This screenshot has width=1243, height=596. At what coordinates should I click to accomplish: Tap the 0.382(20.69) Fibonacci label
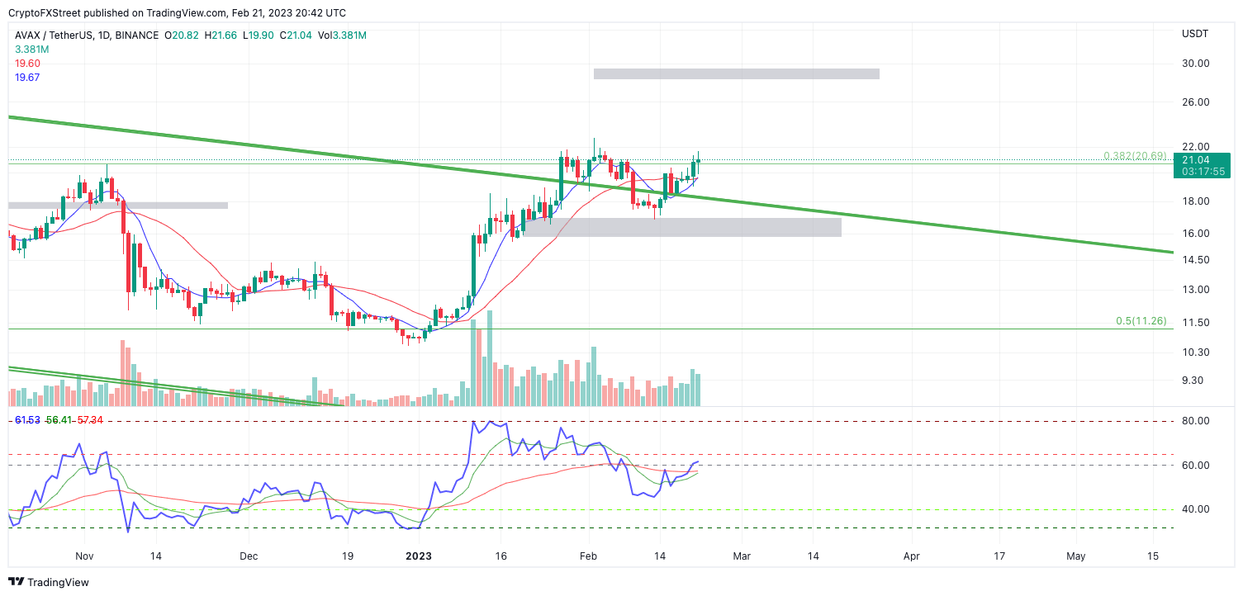pos(1135,156)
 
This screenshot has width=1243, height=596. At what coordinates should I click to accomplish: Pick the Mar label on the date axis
pos(742,557)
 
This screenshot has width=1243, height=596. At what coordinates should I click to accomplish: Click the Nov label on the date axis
pos(84,557)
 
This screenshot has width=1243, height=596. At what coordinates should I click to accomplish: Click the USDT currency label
pos(1195,34)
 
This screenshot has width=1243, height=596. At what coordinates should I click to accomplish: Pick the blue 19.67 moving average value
pos(28,78)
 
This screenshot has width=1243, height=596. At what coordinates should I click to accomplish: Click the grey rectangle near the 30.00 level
pos(736,73)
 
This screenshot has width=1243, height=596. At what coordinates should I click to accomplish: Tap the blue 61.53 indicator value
pos(27,421)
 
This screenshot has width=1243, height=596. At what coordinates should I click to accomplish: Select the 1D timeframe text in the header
pos(102,35)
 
